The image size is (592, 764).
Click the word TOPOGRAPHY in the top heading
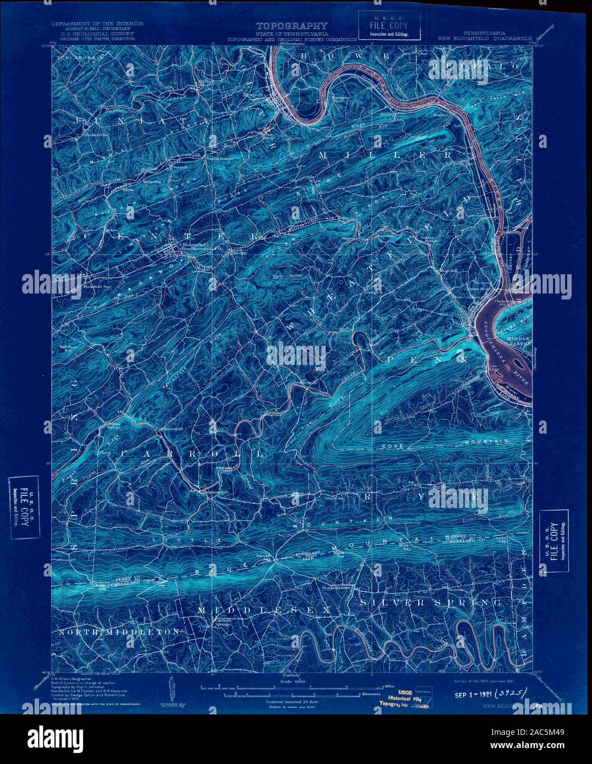click(x=292, y=25)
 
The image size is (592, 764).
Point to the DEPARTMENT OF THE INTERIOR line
click(x=97, y=24)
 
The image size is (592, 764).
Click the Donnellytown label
click(x=334, y=588)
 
